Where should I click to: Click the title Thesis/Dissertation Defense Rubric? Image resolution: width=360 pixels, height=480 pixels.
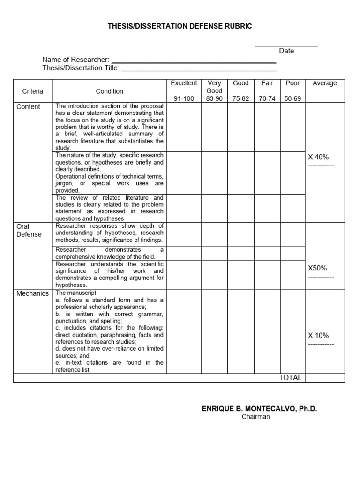(180, 26)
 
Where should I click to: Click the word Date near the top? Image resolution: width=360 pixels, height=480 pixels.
(286, 51)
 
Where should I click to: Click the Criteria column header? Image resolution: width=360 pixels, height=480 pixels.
(33, 91)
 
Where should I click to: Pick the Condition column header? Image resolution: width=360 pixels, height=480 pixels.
(109, 91)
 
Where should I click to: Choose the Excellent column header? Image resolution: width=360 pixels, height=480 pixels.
(184, 83)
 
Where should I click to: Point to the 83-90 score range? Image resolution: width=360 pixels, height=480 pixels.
(214, 98)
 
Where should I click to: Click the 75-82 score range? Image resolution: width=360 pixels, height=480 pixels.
(241, 98)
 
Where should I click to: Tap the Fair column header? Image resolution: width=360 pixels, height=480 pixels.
(267, 83)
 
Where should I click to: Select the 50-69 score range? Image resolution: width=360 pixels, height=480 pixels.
(292, 98)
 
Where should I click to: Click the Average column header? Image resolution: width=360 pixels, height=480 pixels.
(324, 83)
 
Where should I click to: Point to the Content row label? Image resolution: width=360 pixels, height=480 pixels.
(28, 106)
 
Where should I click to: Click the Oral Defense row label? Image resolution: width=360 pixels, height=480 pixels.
(29, 230)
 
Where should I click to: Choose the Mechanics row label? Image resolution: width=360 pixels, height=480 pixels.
(32, 293)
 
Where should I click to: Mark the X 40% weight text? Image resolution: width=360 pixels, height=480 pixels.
(318, 157)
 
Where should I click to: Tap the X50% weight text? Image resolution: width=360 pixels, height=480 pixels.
(317, 268)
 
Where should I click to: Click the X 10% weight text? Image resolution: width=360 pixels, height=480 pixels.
(318, 335)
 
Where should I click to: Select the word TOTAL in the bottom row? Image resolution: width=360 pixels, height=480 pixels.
(290, 378)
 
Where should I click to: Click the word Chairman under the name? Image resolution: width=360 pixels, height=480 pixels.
(255, 417)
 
